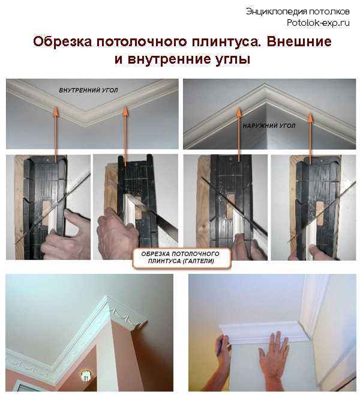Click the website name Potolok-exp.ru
point(319,22)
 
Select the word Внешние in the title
point(298,43)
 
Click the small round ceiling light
point(85,376)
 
